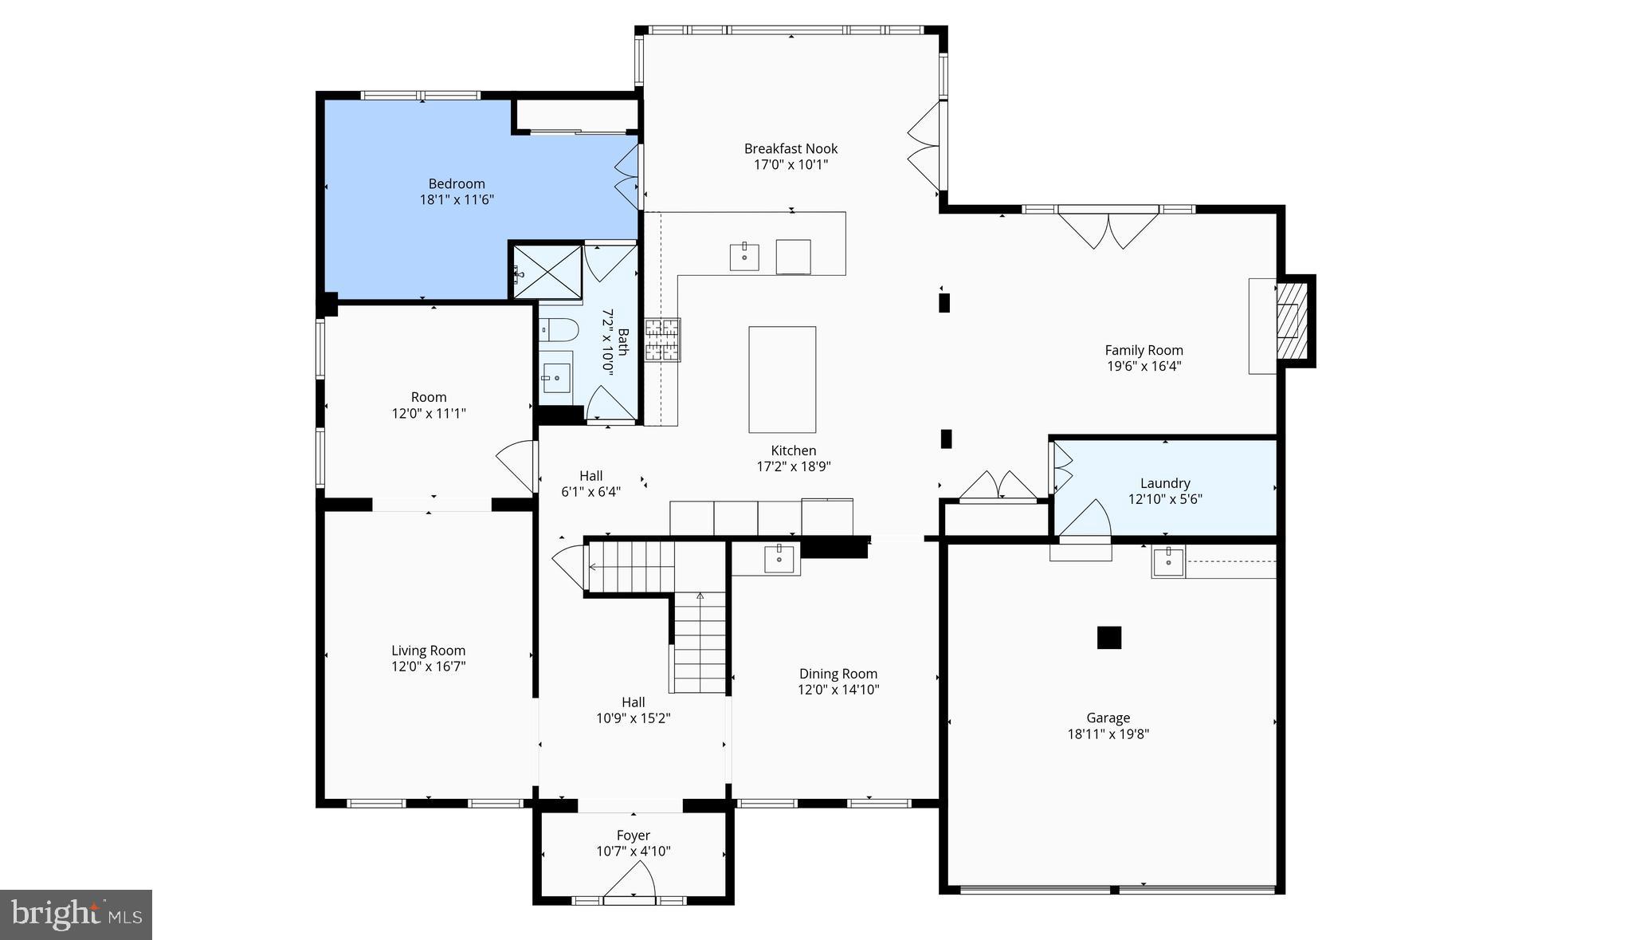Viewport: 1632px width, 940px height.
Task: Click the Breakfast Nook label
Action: click(790, 148)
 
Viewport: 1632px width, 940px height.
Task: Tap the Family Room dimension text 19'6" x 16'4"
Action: click(1144, 367)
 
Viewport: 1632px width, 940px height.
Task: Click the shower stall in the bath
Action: click(547, 271)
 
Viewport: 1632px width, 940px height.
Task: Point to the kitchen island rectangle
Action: click(782, 380)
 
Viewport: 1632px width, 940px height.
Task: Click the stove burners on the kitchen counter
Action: click(662, 340)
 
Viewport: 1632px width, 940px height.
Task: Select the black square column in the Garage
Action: click(1108, 638)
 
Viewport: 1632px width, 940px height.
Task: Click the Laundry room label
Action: click(1164, 483)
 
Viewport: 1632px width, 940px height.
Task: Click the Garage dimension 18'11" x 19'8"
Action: click(1108, 734)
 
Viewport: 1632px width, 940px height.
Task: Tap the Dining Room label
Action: click(838, 674)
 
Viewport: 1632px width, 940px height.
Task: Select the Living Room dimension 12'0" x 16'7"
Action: click(428, 667)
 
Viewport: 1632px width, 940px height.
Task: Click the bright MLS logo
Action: click(76, 914)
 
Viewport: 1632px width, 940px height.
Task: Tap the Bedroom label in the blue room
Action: click(457, 183)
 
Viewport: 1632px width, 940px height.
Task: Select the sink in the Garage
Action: click(1168, 561)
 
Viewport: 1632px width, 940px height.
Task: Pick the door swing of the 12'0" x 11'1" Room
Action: click(518, 466)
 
